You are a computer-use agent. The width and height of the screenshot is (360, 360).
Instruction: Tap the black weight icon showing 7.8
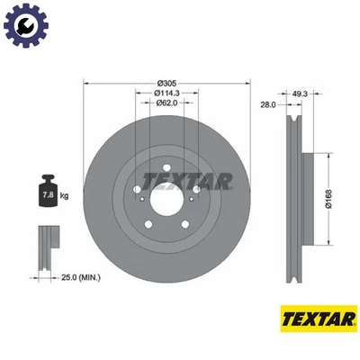pos(45,191)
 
